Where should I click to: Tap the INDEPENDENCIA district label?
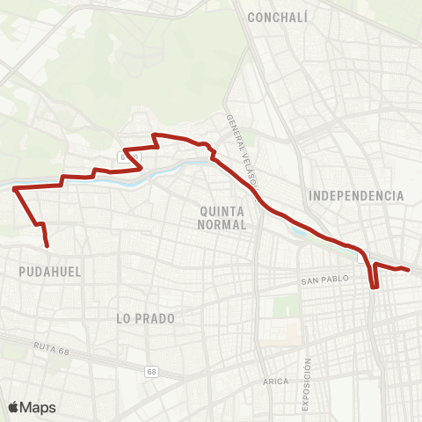[x=356, y=195]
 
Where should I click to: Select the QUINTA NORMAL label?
[x=222, y=217]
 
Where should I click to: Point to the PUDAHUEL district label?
[x=49, y=273]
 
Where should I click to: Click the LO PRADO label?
[x=145, y=318]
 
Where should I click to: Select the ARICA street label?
[x=275, y=382]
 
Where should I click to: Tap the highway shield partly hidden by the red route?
[x=126, y=156]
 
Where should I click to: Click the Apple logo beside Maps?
[x=13, y=407]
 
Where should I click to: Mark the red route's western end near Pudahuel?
[x=46, y=245]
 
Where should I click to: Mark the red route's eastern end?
[x=409, y=270]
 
